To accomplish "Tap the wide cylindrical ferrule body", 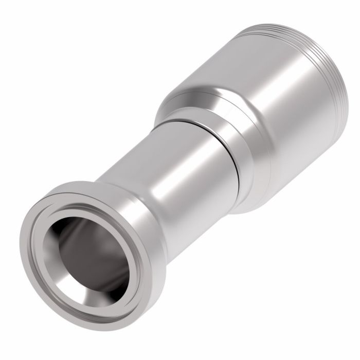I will [267, 103].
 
